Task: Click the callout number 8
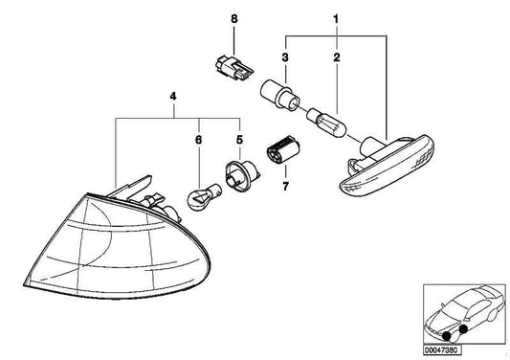click(234, 19)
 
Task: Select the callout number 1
click(336, 19)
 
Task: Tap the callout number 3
click(285, 57)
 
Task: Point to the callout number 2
click(336, 57)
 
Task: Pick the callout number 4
click(173, 97)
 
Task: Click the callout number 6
click(198, 140)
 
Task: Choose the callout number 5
click(240, 140)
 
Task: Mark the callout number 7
click(285, 187)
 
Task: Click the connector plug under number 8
click(234, 67)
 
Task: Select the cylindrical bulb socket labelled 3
click(279, 95)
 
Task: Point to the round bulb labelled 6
click(204, 196)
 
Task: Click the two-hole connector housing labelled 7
click(282, 150)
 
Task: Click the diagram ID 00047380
click(442, 350)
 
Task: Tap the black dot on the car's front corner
click(449, 336)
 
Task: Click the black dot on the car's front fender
click(463, 329)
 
